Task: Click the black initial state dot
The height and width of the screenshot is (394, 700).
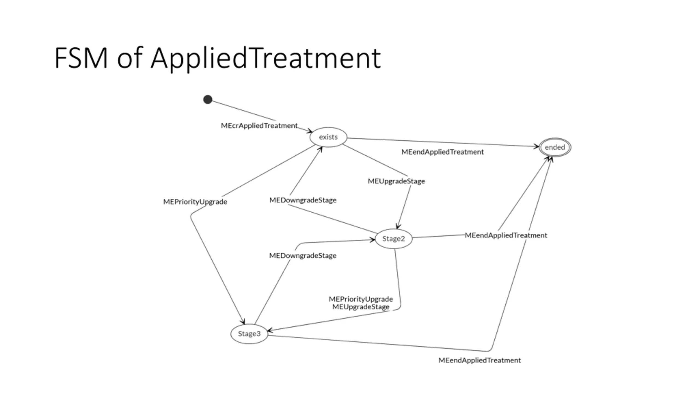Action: coord(208,99)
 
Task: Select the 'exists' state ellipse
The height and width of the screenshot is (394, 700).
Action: coord(328,137)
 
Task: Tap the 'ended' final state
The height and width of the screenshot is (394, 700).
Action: coord(555,147)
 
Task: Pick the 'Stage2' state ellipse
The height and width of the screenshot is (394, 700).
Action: coord(393,239)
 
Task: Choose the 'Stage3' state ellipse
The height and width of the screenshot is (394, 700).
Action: coord(249,334)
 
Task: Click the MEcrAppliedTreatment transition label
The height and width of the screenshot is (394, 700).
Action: coord(259,126)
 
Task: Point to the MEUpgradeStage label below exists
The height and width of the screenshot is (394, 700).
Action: coord(396,181)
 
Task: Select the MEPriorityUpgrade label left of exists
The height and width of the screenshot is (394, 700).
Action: coord(195,202)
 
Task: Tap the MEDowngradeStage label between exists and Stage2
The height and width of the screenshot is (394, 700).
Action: coord(303,200)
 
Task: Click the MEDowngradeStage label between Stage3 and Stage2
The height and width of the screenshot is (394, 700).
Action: coord(303,256)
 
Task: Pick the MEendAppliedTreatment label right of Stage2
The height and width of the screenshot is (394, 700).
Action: coord(506,235)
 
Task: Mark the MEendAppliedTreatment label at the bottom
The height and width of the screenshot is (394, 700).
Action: coord(480,360)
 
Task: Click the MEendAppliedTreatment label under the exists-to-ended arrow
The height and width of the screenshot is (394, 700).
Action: coord(442,152)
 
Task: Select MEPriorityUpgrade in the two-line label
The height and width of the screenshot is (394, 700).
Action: coord(361,299)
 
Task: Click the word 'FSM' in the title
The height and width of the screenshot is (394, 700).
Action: coord(81,58)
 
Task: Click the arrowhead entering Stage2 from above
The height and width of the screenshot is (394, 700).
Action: coord(398,226)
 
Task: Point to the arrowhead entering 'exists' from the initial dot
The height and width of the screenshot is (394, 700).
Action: coord(310,131)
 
